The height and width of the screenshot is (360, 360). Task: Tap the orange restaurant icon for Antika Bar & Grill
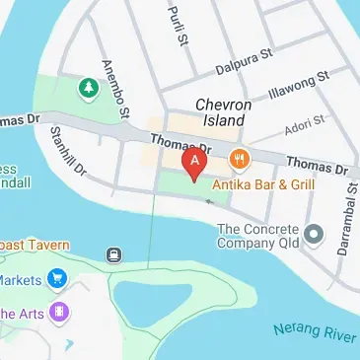pos(238,158)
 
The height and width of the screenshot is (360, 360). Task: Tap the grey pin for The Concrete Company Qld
pos(315,234)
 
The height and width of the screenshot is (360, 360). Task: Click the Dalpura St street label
pos(243,65)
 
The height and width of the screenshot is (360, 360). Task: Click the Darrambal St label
pos(343,228)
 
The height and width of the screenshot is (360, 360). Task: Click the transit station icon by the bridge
pos(115,254)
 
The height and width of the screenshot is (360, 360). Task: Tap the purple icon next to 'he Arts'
pos(62,313)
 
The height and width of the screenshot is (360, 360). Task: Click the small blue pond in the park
pos(143,295)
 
